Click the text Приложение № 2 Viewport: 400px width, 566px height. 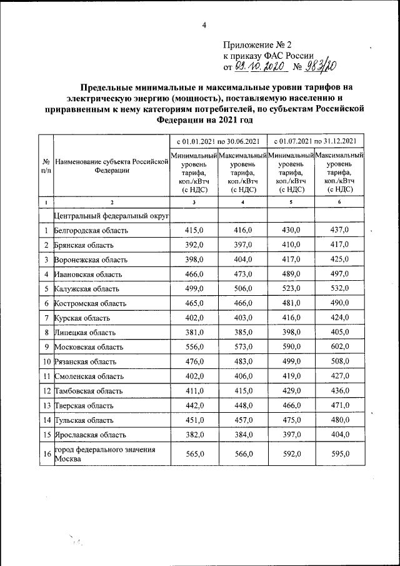click(x=257, y=45)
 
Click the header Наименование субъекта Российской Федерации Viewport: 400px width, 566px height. click(x=112, y=165)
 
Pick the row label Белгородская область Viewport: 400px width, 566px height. click(x=91, y=230)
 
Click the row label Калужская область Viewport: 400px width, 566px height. click(x=87, y=288)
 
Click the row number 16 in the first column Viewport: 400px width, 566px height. click(x=46, y=454)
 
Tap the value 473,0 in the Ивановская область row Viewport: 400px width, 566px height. click(x=243, y=274)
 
